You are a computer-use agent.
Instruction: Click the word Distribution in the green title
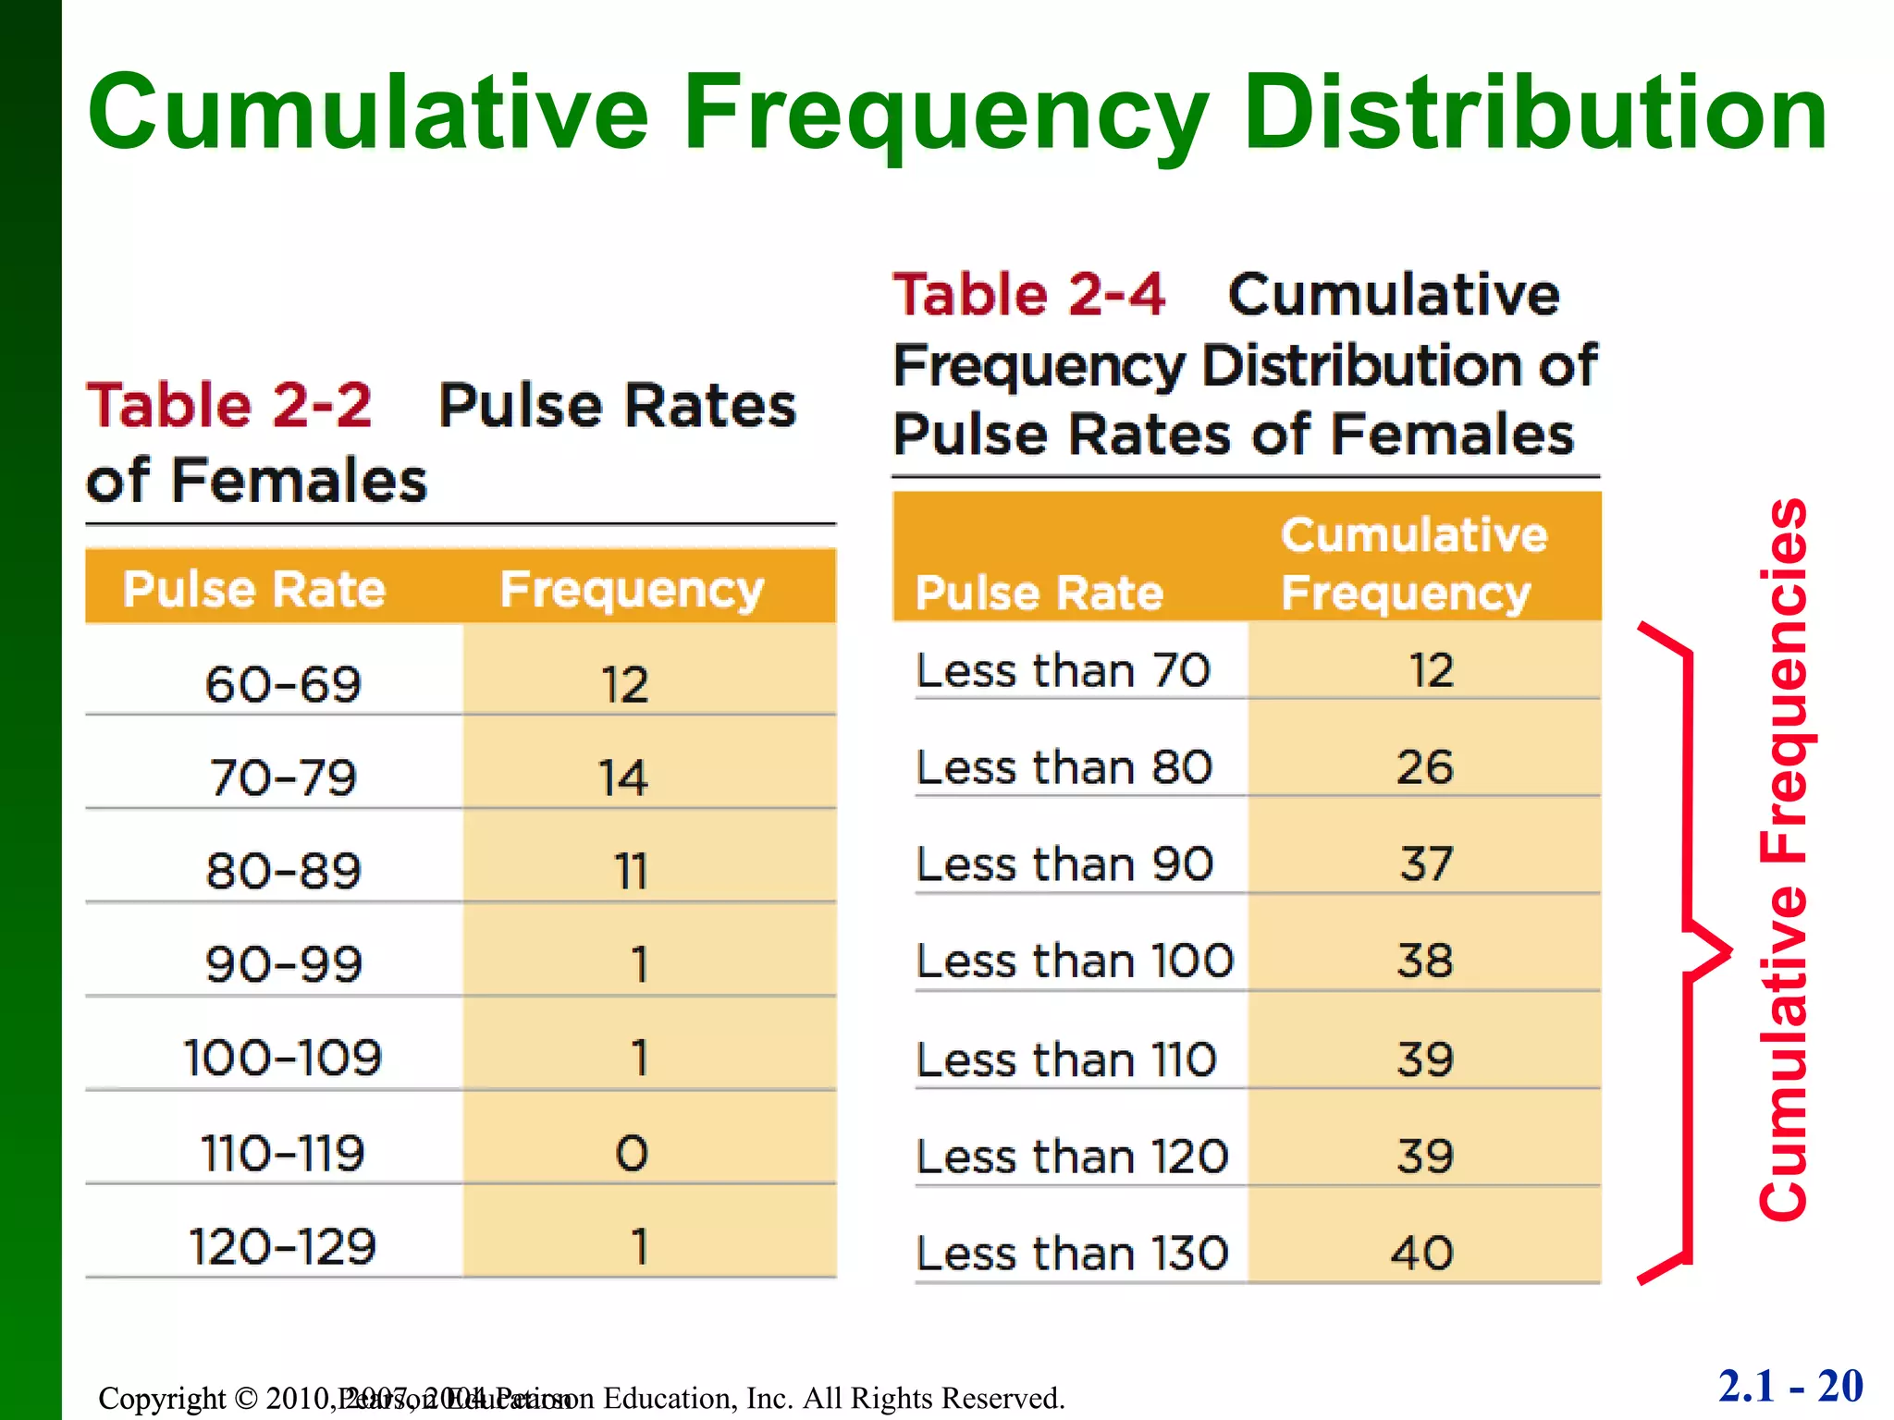1535,113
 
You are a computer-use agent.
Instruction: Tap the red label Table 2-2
229,405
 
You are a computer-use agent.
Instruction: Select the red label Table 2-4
1028,294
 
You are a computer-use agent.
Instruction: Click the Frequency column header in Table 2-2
632,590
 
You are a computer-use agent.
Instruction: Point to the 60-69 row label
283,685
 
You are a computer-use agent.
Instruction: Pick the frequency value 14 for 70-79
622,777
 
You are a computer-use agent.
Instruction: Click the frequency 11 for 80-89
630,871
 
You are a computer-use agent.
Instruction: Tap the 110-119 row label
283,1153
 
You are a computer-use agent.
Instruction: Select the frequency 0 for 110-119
632,1153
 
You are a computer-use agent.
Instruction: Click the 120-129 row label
283,1246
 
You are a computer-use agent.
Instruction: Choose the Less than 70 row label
1063,670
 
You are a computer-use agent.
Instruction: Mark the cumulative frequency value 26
1424,767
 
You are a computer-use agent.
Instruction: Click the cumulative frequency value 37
1425,864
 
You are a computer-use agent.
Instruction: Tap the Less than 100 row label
1075,961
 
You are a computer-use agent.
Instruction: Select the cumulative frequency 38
1424,961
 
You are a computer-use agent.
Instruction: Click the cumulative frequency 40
1422,1254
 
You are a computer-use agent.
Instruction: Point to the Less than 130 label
1072,1254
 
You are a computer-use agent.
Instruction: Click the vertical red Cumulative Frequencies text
1783,860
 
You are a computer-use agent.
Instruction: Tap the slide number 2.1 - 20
1790,1386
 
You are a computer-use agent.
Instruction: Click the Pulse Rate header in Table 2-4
1039,593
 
